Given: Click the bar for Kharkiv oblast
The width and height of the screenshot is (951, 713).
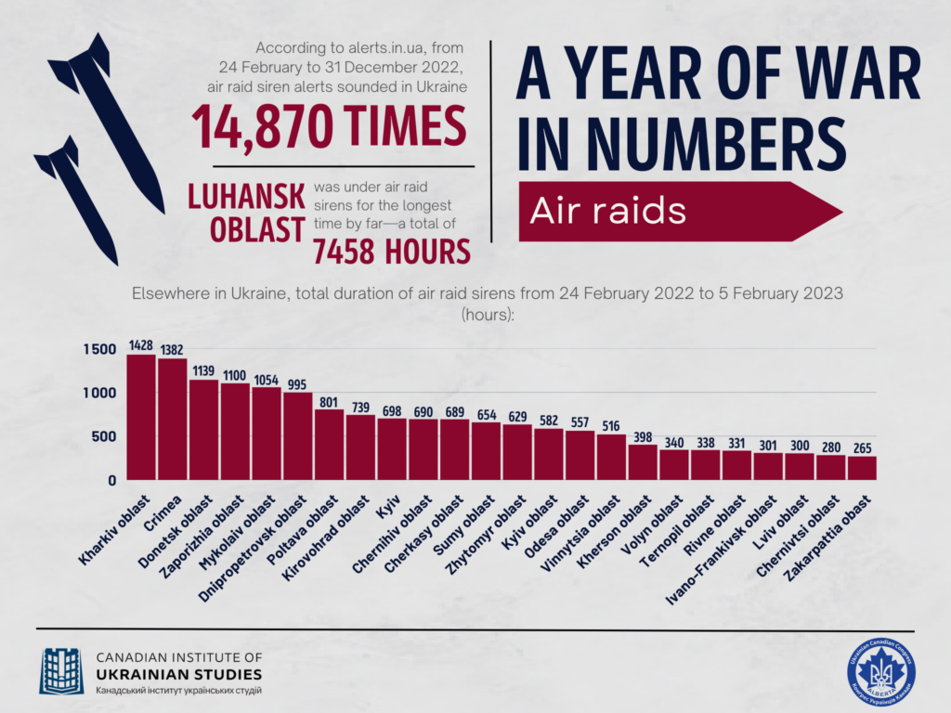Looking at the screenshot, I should point(141,417).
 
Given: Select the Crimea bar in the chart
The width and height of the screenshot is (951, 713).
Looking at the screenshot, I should point(173,419).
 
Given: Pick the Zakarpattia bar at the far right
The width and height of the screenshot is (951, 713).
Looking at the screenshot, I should point(862,468).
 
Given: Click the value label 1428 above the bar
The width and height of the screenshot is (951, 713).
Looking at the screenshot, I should point(141,345).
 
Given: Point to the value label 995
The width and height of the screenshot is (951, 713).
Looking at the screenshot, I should point(298,384).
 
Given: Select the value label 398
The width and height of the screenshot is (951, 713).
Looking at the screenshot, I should point(643,436).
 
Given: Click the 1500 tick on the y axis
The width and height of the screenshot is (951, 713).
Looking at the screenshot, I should point(98,349).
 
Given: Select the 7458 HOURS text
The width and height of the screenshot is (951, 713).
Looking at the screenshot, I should point(391,252).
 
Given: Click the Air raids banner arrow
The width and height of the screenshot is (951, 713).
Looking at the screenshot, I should point(678,211).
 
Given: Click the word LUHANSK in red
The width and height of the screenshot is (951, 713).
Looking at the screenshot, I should point(246,196).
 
